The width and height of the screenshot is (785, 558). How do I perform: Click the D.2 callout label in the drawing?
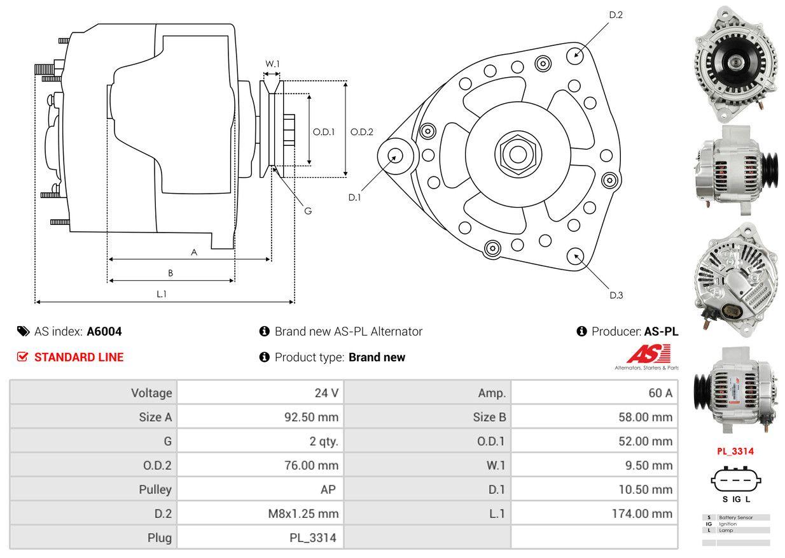tap(616, 15)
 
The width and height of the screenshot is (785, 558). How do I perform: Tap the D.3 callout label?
tap(616, 295)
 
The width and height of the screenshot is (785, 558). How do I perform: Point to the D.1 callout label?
tap(354, 197)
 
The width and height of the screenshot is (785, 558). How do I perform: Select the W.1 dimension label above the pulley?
tap(272, 64)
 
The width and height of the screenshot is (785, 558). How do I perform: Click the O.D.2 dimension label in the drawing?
tap(362, 132)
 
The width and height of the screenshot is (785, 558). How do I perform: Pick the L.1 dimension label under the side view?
tap(162, 294)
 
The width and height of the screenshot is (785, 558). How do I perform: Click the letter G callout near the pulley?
tap(308, 211)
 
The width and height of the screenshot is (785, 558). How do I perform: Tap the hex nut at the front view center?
tap(515, 154)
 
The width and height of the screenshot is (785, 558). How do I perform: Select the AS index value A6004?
tap(104, 331)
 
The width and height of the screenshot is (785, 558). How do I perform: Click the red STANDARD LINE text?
tap(79, 357)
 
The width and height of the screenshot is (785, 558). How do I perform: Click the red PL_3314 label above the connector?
tap(735, 451)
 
